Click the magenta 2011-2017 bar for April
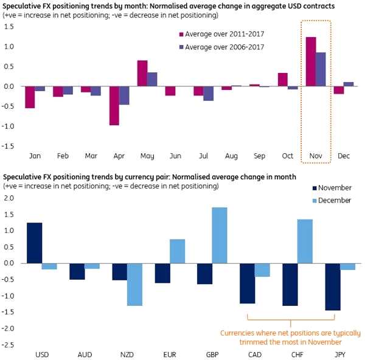(x=114, y=106)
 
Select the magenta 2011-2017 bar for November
(x=311, y=61)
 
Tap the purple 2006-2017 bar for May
(x=152, y=79)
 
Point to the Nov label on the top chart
(x=315, y=156)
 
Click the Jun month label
(x=175, y=156)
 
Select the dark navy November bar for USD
(x=35, y=243)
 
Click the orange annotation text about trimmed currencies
(x=290, y=337)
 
